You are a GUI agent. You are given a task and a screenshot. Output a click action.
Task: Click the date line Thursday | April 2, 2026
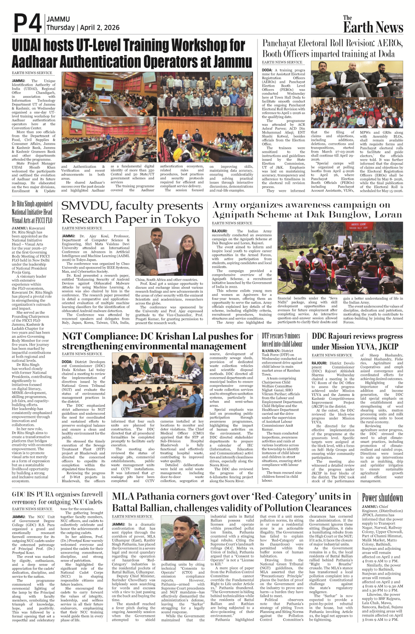coord(83,28)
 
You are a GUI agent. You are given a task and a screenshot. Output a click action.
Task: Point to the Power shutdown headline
coord(382,498)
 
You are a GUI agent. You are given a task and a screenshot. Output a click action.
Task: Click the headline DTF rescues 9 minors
coord(281,336)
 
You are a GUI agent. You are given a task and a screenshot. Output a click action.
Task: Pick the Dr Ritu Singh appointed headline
coord(32,212)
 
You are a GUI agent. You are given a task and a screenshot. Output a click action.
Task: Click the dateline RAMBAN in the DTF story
coord(270,351)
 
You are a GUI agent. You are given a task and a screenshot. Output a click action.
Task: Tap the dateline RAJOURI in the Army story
coord(220,231)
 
